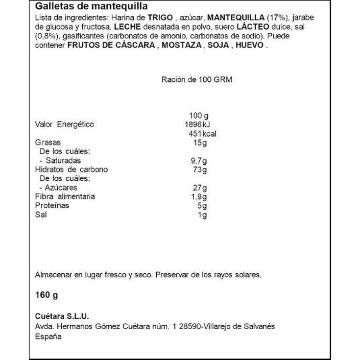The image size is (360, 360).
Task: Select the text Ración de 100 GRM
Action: [196, 80]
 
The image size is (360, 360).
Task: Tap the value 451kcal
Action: [202, 134]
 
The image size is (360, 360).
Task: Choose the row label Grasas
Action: [46, 143]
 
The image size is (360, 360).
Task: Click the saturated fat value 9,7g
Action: [199, 161]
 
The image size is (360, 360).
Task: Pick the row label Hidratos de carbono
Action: [72, 169]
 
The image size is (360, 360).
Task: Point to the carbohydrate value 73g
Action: [201, 169]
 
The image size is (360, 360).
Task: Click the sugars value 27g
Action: [201, 188]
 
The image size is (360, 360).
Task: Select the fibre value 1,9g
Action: [199, 196]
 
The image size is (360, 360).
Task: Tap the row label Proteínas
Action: [52, 206]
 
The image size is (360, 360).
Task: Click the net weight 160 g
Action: [47, 296]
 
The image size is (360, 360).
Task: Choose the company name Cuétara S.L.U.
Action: [62, 317]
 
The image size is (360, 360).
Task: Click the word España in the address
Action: [48, 336]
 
